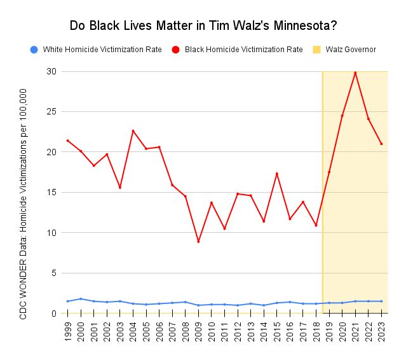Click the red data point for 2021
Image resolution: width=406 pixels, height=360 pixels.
[x=355, y=73]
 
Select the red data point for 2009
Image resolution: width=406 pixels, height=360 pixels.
[x=198, y=242]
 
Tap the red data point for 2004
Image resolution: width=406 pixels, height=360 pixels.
[x=133, y=131]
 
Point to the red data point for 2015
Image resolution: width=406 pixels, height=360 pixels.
[x=277, y=174]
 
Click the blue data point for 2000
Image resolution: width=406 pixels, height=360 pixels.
[x=81, y=299]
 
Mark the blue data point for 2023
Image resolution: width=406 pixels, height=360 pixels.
[x=381, y=301]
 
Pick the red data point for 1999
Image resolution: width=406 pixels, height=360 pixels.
[x=68, y=141]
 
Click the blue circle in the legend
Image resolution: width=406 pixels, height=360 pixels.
[x=34, y=49]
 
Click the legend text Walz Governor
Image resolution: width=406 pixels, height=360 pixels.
[x=351, y=49]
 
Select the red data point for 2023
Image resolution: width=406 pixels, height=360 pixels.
[x=381, y=144]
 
